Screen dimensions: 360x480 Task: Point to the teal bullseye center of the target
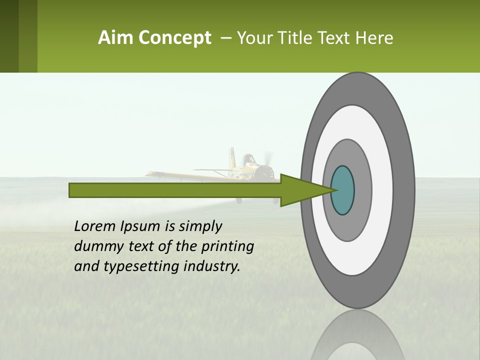pyautogui.click(x=343, y=190)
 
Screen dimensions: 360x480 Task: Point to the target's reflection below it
pyautogui.click(x=357, y=337)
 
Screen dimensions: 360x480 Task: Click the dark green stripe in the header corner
pyautogui.click(x=9, y=36)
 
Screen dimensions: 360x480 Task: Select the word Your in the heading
pyautogui.click(x=253, y=38)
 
